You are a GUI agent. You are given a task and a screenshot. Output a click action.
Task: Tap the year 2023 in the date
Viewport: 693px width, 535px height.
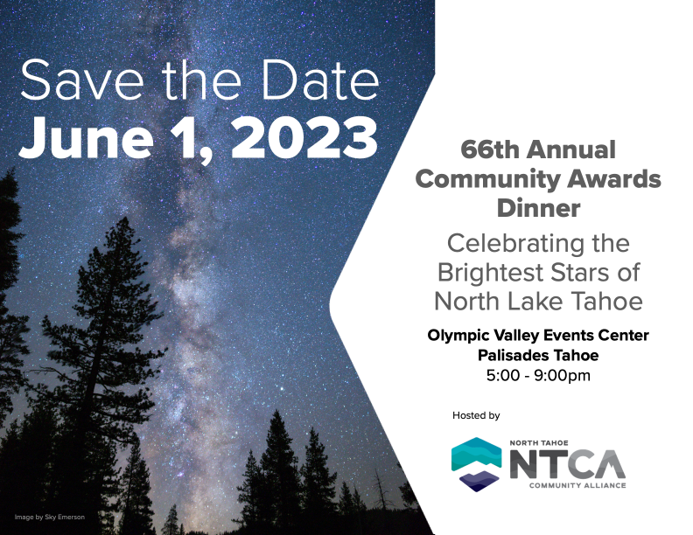[x=304, y=137]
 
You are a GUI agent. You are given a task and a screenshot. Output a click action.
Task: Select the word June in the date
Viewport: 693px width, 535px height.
[x=86, y=137]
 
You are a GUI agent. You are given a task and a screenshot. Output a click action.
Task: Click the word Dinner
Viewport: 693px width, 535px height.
[x=538, y=208]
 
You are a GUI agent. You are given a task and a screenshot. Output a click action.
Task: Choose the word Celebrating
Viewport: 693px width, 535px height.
[x=512, y=244]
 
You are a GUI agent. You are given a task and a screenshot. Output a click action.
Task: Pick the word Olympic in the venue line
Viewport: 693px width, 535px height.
[x=458, y=336]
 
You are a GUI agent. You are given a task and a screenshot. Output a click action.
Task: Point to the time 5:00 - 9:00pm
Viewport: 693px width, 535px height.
[x=538, y=376]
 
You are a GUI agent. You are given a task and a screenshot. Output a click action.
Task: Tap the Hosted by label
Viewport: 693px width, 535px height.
[x=476, y=415]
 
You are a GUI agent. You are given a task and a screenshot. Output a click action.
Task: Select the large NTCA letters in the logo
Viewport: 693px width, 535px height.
[x=568, y=464]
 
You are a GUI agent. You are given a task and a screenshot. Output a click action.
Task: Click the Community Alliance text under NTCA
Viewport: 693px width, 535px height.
[x=577, y=485]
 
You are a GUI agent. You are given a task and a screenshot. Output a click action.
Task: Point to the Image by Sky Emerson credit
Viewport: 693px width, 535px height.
[x=50, y=517]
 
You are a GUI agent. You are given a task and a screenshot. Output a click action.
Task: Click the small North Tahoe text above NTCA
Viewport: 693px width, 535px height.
[x=539, y=442]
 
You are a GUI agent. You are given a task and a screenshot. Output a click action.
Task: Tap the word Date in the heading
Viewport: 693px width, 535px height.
[x=320, y=80]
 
